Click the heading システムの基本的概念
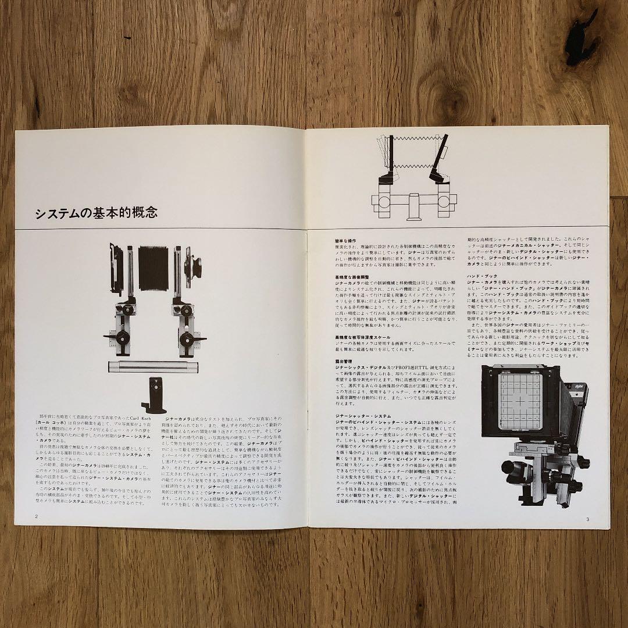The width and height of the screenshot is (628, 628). [x=96, y=213]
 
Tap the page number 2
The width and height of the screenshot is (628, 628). [x=37, y=516]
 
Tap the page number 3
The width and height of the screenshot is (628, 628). [x=588, y=519]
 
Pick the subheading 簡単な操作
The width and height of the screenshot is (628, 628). [x=346, y=240]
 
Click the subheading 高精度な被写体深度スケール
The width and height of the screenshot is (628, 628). [x=362, y=337]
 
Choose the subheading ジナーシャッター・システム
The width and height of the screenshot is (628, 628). [x=362, y=416]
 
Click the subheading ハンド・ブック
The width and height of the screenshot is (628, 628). [x=480, y=276]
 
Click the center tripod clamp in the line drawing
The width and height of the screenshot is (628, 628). [x=413, y=209]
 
